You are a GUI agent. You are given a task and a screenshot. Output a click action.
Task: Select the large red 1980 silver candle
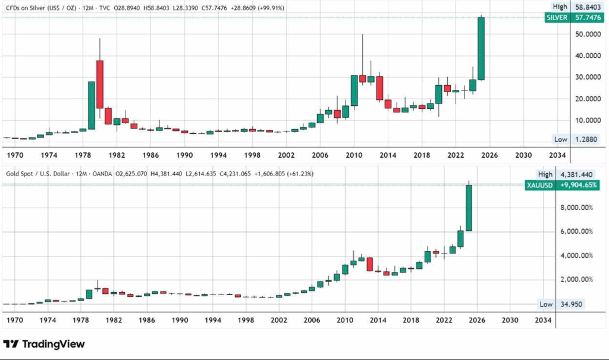point(100,83)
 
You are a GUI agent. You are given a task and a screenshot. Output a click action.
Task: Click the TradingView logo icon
point(12,344)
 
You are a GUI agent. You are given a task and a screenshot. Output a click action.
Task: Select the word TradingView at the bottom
point(54,344)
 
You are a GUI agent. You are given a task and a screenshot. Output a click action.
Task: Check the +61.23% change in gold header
point(300,174)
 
